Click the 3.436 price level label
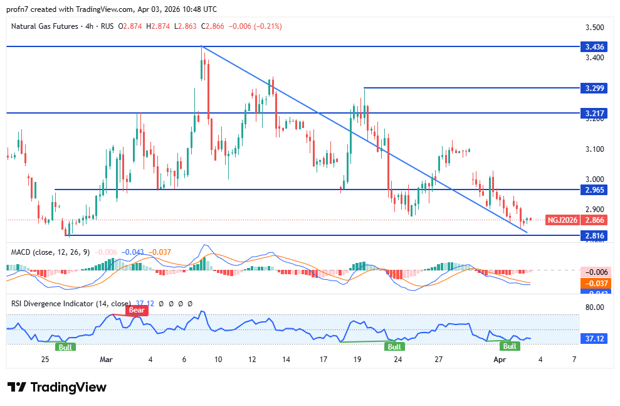[x=594, y=46]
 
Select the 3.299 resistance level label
[x=594, y=88]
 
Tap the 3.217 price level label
[x=594, y=114]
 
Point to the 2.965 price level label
[x=594, y=190]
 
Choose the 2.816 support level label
[x=594, y=236]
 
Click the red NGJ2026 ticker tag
[x=562, y=220]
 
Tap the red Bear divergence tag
[x=136, y=310]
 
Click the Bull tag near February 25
[x=65, y=346]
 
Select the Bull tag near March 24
[x=394, y=346]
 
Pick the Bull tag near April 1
[x=510, y=346]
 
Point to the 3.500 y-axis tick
[x=594, y=28]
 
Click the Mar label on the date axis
[x=106, y=360]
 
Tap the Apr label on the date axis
[x=499, y=360]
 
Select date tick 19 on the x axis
[x=357, y=360]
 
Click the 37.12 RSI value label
[x=594, y=338]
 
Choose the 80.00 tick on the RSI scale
[x=594, y=307]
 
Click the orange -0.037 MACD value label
[x=594, y=283]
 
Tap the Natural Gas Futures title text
[x=45, y=26]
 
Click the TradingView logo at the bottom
[x=57, y=387]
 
